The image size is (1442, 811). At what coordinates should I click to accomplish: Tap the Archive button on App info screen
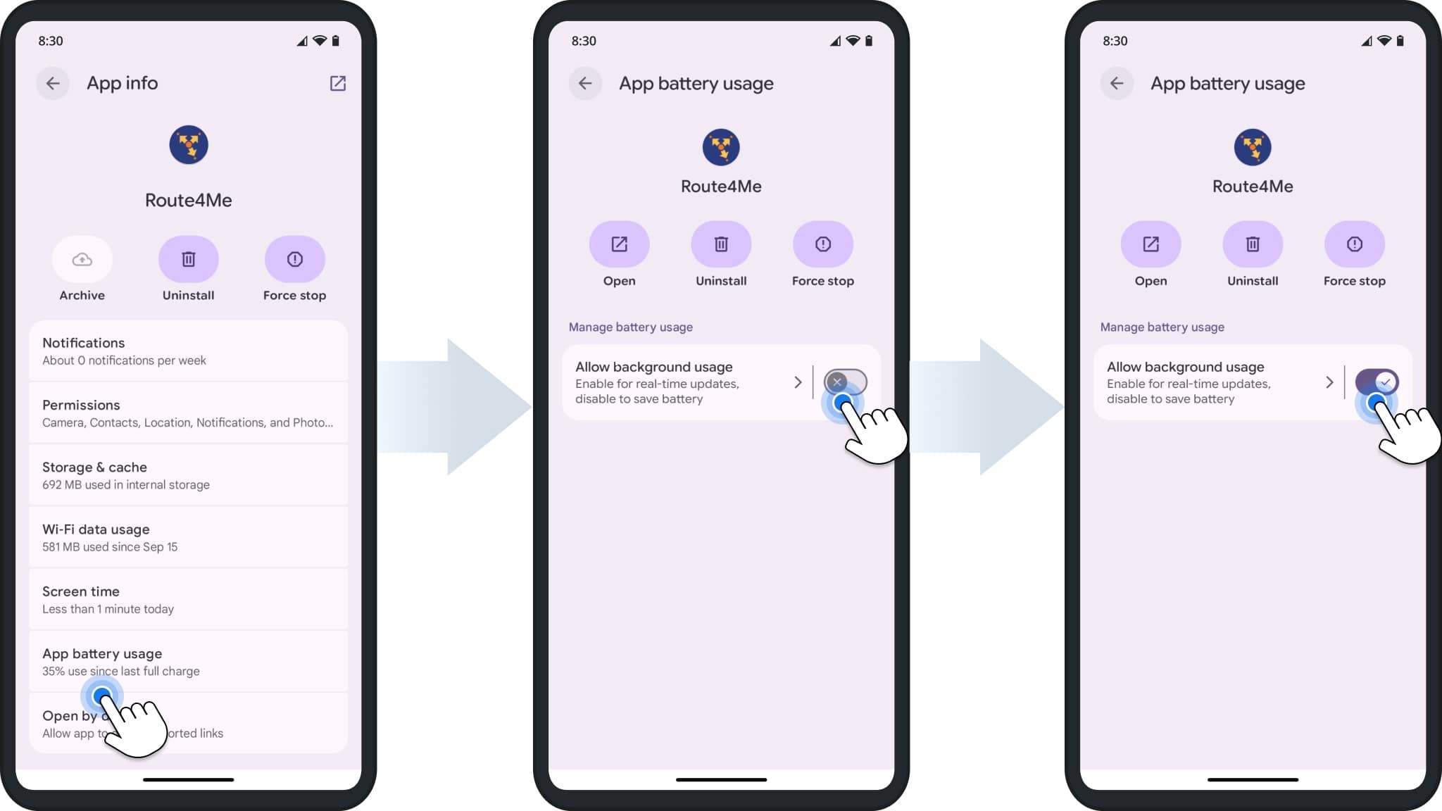(82, 260)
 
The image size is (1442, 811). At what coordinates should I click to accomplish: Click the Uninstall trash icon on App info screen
(188, 260)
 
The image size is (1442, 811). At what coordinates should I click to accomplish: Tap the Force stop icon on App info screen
(294, 260)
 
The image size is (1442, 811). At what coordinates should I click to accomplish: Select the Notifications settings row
(188, 351)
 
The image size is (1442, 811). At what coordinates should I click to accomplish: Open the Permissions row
(188, 413)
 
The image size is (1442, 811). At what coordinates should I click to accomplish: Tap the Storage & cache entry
(188, 475)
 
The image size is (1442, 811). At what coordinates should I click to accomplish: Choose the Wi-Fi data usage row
(188, 537)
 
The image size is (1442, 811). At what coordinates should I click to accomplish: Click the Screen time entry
(188, 599)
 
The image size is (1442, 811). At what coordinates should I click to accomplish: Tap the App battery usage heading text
(102, 654)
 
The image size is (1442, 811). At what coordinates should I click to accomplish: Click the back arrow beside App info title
(53, 83)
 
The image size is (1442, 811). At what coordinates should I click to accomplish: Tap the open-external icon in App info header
(338, 83)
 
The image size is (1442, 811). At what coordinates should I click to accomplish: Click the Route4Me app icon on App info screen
(188, 145)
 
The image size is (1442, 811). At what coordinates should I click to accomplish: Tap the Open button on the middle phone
(619, 244)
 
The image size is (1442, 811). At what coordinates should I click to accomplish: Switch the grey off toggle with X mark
(845, 382)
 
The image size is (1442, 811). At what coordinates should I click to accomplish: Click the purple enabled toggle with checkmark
(1377, 382)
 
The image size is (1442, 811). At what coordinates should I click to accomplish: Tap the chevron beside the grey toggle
(798, 382)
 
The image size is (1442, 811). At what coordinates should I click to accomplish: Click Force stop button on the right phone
(1354, 244)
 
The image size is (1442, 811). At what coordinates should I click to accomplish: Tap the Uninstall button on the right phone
(1253, 244)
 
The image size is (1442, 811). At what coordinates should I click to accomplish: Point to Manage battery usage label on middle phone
(630, 327)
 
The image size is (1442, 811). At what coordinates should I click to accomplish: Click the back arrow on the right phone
(1117, 83)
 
